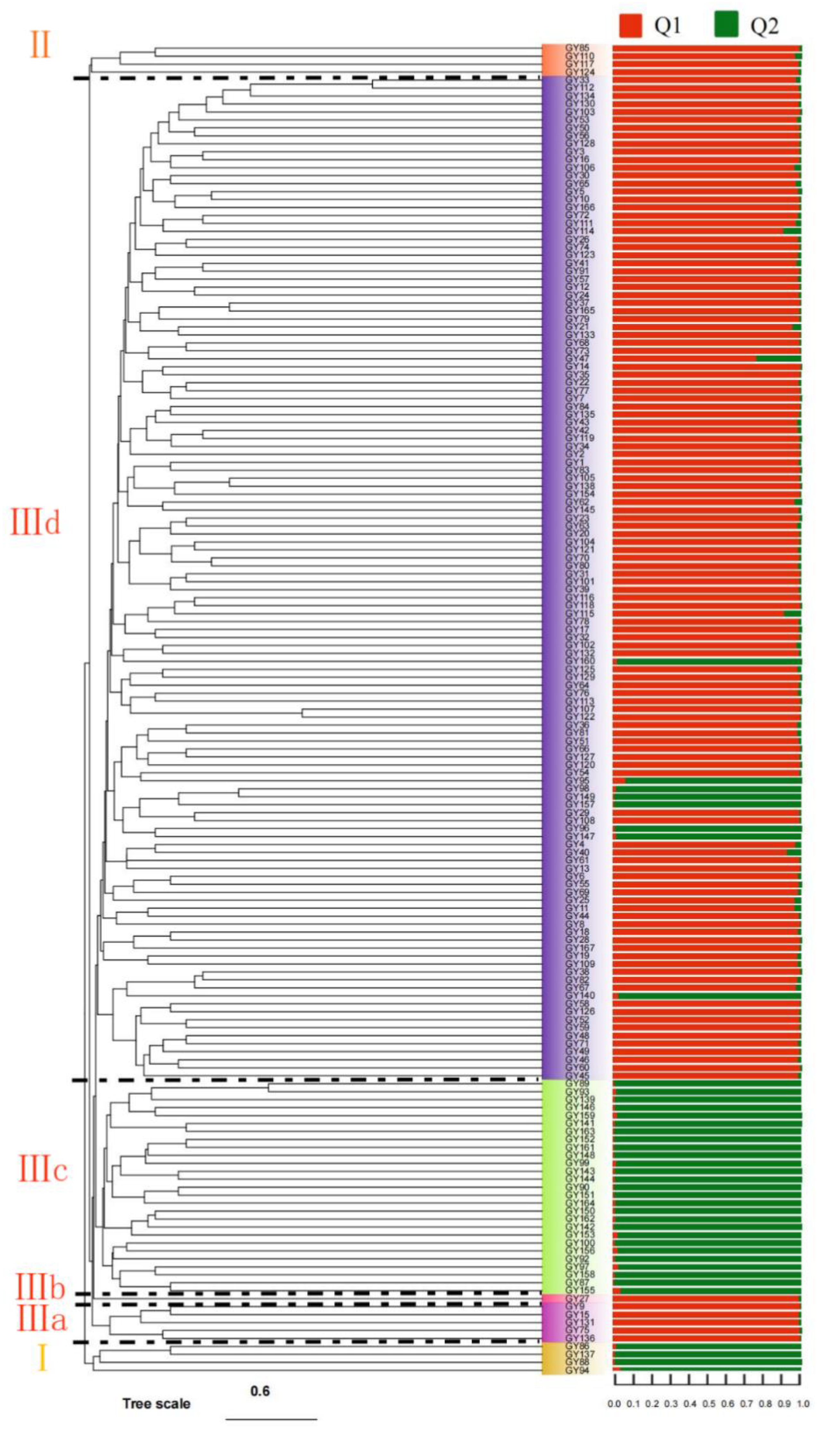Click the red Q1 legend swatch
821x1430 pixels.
[x=630, y=25]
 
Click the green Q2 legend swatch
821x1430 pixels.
[x=726, y=25]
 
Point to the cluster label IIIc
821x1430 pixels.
[x=43, y=1170]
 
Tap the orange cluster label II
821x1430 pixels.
[x=39, y=45]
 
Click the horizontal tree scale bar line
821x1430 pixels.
[x=271, y=1419]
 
